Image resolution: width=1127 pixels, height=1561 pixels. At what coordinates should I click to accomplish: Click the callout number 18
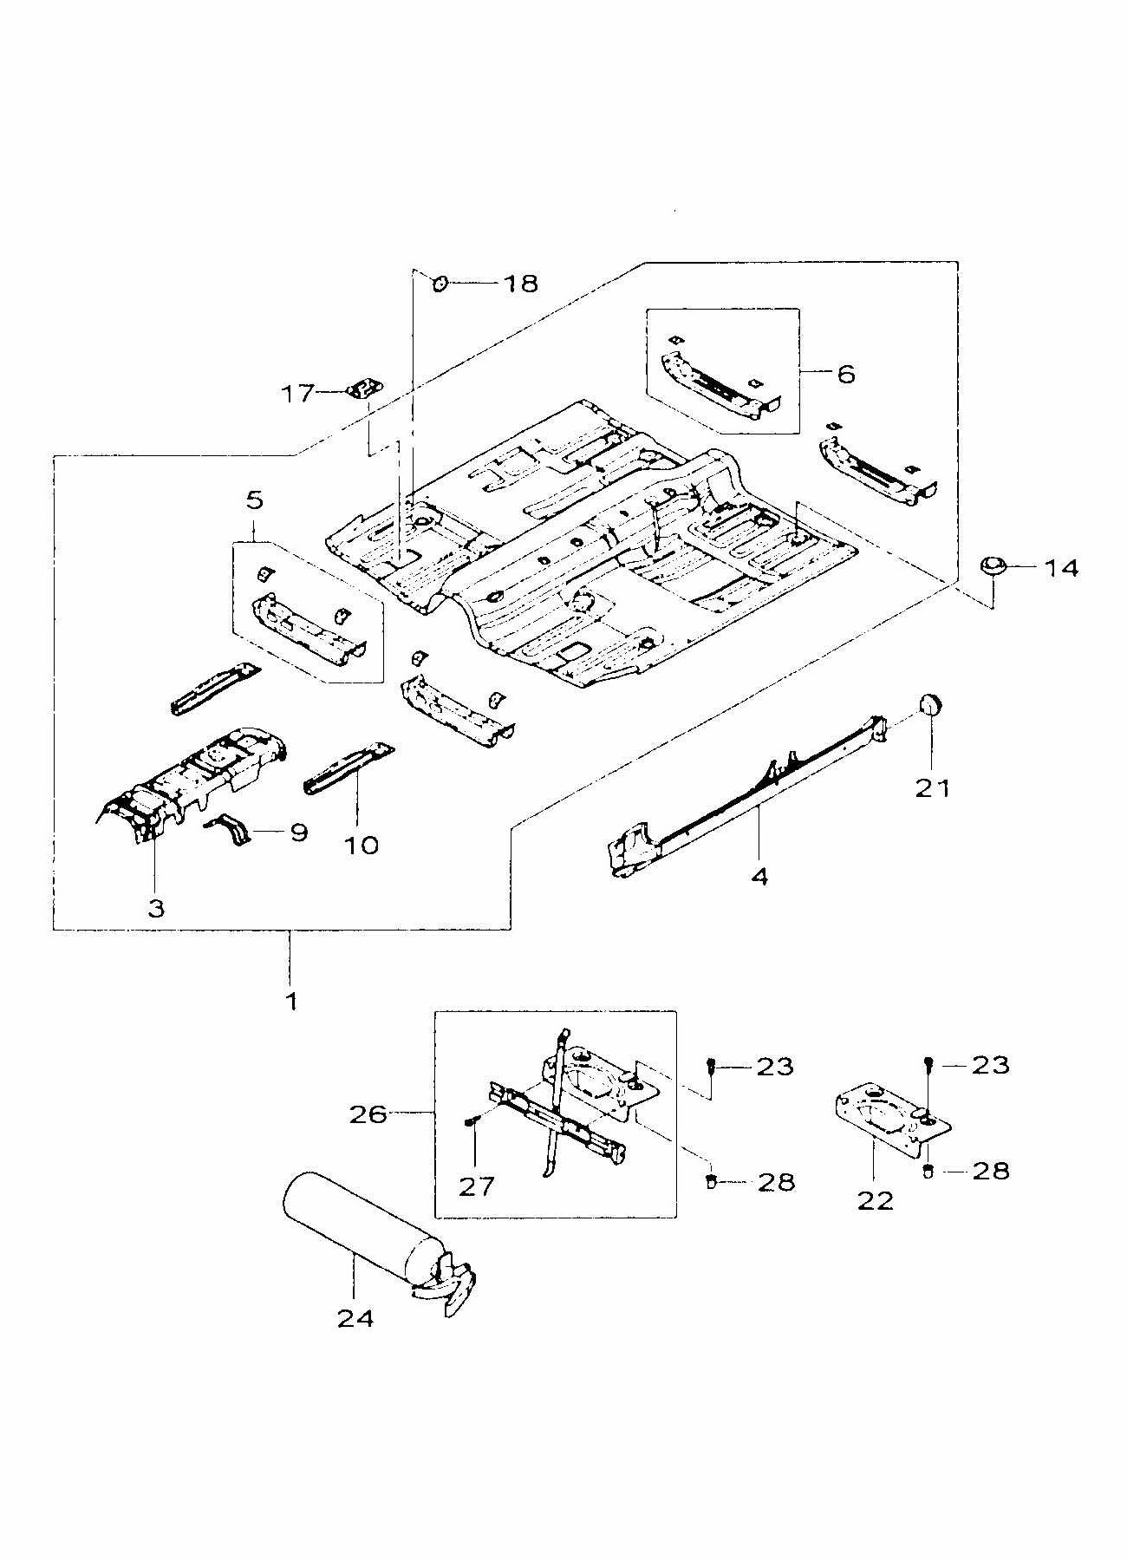520,283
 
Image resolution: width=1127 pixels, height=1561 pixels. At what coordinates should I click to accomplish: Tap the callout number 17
298,394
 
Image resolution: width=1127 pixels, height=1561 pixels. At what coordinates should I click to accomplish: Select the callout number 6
846,374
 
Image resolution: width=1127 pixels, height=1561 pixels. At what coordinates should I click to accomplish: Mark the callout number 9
298,833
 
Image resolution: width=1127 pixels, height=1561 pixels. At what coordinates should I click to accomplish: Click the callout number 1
291,1002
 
